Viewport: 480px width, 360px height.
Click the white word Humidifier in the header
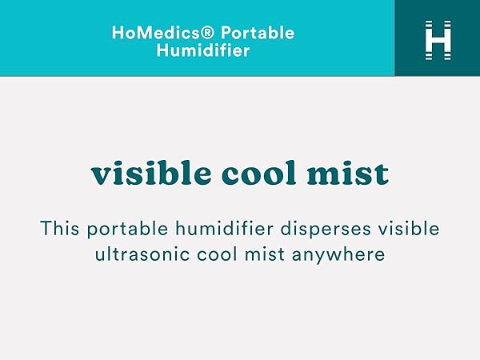[x=203, y=51]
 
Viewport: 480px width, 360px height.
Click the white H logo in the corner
[x=438, y=38]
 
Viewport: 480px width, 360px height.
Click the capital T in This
[x=46, y=229]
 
